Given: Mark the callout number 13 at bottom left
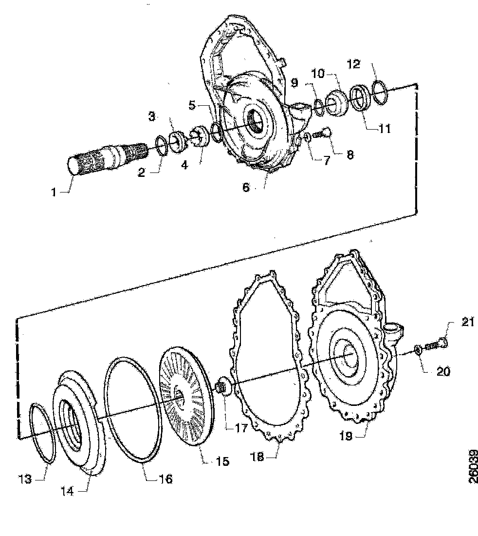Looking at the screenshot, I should click(26, 479).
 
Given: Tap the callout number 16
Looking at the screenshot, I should click(165, 479).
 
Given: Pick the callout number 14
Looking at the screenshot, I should click(67, 491).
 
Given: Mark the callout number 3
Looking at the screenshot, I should click(152, 117).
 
